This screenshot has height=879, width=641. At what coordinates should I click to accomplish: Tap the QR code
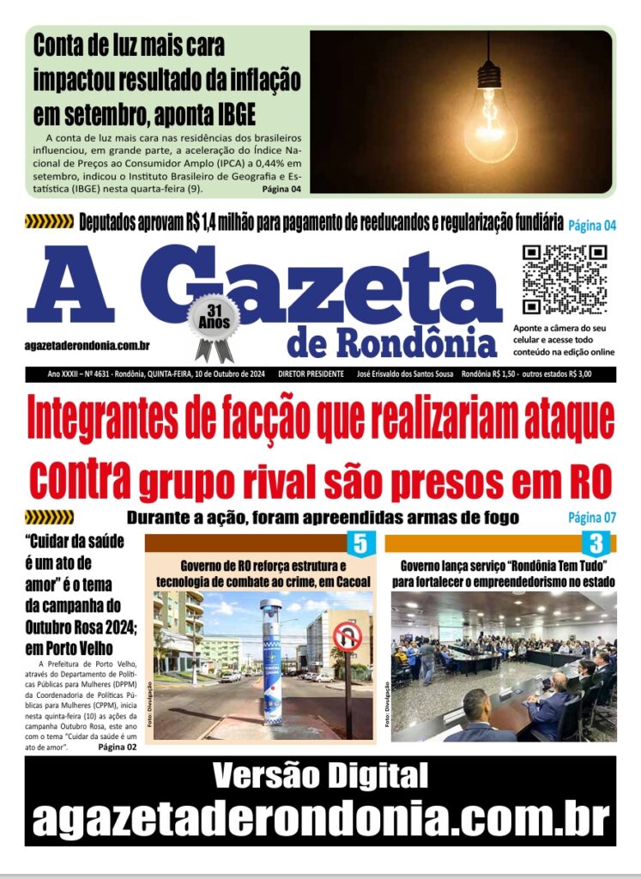click(565, 280)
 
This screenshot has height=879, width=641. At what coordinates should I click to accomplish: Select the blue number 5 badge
click(360, 543)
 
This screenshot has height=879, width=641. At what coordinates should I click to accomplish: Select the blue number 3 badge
click(596, 543)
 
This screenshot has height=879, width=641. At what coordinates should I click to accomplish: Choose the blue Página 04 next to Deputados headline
click(592, 226)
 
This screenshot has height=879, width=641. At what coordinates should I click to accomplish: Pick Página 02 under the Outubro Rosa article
click(117, 747)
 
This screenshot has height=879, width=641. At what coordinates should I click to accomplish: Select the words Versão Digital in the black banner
click(320, 776)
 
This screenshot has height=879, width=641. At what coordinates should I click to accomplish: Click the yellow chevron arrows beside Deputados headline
click(49, 222)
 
